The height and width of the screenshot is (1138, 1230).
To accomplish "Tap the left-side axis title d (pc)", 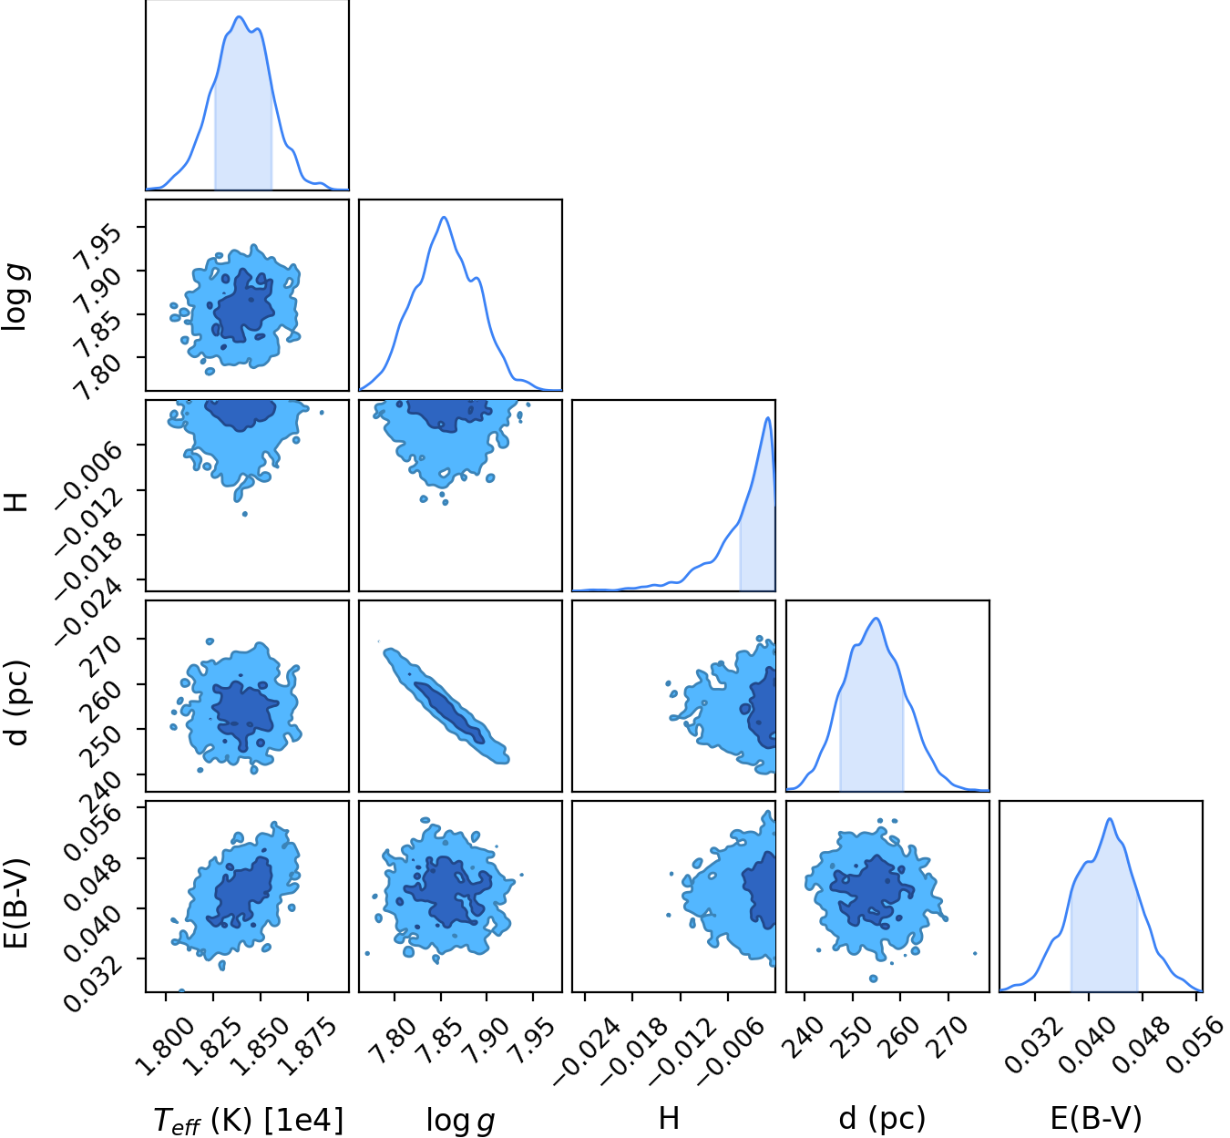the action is (16, 703).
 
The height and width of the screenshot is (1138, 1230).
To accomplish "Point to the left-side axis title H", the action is (16, 500).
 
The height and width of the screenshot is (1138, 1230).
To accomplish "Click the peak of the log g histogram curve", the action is (444, 217).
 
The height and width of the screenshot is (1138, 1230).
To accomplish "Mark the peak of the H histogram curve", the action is (768, 417).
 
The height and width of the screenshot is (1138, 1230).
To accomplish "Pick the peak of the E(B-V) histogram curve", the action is (1110, 819).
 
